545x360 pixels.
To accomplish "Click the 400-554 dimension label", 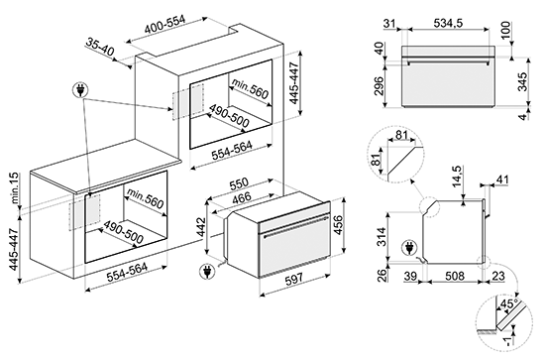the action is click(x=165, y=25).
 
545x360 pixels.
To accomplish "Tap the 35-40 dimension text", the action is click(x=100, y=47).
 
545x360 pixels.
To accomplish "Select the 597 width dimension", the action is click(x=294, y=279).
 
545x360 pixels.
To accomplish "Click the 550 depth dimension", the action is click(x=239, y=183).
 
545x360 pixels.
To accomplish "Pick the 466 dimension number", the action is click(x=242, y=197).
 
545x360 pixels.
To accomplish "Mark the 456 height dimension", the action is click(x=338, y=225).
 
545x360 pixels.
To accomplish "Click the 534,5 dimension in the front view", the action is click(x=448, y=23).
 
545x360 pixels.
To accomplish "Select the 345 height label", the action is click(x=522, y=81).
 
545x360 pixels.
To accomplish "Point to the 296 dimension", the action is click(x=379, y=85).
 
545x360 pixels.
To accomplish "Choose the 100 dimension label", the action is click(x=505, y=31).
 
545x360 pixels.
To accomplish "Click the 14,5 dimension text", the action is click(x=457, y=177).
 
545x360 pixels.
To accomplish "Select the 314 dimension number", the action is click(x=381, y=236).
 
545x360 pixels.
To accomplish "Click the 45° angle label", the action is click(x=508, y=303).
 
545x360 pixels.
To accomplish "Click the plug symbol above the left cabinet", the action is click(x=80, y=91).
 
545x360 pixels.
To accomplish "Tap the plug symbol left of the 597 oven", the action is click(x=207, y=272).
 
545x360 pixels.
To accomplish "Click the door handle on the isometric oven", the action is click(x=295, y=226).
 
